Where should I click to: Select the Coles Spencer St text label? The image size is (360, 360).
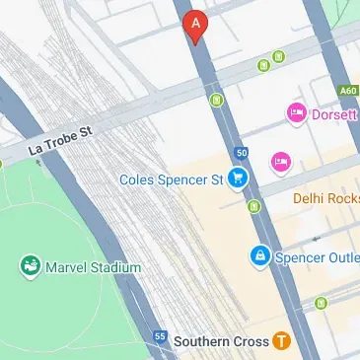click(x=171, y=180)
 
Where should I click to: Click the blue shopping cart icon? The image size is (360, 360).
click(x=237, y=179)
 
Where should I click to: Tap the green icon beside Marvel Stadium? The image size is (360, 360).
click(x=30, y=266)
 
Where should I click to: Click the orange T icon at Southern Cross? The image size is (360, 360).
click(x=282, y=341)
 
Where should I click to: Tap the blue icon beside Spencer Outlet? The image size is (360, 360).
click(x=259, y=256)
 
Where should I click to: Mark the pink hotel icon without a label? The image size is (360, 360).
click(x=281, y=160)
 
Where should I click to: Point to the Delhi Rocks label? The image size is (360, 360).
click(x=326, y=198)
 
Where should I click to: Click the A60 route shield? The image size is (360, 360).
click(x=346, y=91)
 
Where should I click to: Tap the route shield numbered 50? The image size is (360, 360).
click(x=242, y=153)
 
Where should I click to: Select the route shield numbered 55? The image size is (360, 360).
click(x=160, y=336)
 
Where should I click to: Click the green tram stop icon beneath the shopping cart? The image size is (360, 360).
click(x=255, y=207)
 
